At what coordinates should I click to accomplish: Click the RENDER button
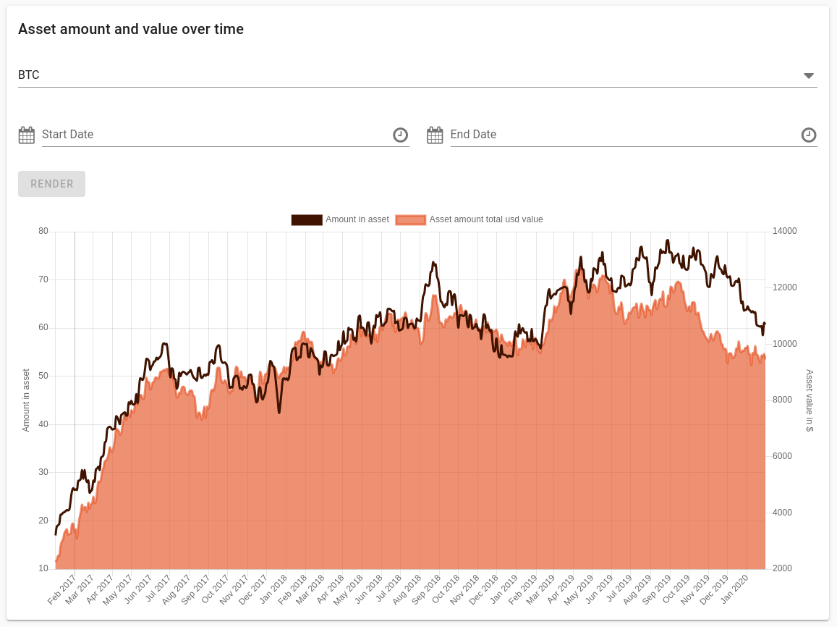51,184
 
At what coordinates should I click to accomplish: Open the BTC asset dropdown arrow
809,76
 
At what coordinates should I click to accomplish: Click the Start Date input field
217,135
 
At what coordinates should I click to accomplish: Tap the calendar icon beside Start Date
27,135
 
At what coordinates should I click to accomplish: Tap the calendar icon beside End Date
435,135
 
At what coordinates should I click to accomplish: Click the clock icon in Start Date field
400,135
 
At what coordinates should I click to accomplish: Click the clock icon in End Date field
809,135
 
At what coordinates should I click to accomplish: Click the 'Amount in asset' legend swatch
307,220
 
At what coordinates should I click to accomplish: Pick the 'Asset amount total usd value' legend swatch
410,220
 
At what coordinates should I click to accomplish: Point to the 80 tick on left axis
43,232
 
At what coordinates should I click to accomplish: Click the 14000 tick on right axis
785,232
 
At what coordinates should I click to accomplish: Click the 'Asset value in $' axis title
810,400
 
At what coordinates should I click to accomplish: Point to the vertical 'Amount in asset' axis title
26,400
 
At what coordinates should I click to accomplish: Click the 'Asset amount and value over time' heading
131,30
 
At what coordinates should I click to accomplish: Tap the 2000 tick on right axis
782,569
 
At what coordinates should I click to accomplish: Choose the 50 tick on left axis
43,376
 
